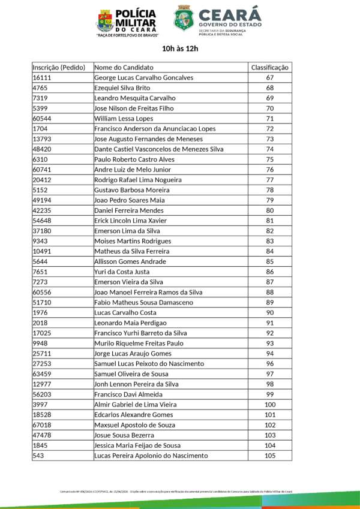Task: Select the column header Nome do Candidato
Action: (124, 67)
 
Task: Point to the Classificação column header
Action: (269, 67)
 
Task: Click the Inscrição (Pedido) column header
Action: (59, 67)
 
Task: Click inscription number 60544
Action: (42, 118)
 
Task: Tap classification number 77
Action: (269, 180)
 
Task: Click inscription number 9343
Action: (40, 241)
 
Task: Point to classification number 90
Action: (269, 313)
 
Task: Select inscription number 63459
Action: (42, 374)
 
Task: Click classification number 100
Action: (269, 405)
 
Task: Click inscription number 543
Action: (38, 456)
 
